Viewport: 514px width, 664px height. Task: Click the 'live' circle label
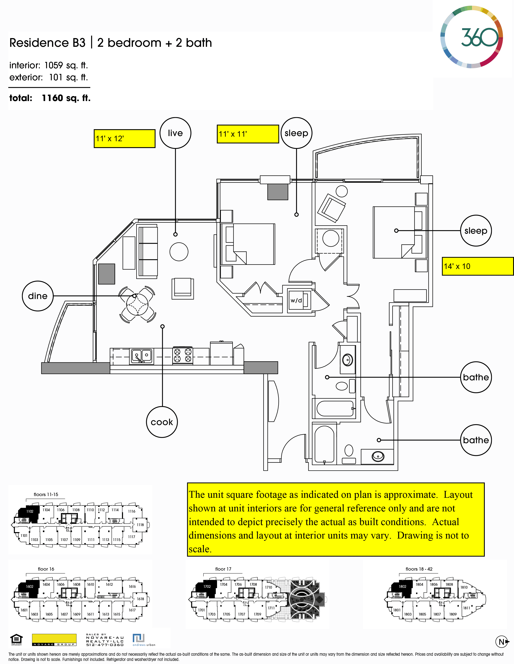175,133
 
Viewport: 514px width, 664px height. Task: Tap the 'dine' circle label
38,296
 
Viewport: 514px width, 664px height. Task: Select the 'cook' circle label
162,422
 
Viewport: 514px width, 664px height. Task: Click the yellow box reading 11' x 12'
124,139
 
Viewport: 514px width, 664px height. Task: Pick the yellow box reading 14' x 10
478,266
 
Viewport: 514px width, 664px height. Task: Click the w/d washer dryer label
296,300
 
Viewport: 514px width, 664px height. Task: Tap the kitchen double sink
142,356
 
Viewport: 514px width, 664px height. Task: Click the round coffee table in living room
179,252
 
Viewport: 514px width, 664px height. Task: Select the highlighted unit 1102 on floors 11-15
29,511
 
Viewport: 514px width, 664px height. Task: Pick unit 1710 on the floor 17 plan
268,587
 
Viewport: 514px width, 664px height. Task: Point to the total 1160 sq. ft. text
50,98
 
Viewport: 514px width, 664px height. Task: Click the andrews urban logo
144,640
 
